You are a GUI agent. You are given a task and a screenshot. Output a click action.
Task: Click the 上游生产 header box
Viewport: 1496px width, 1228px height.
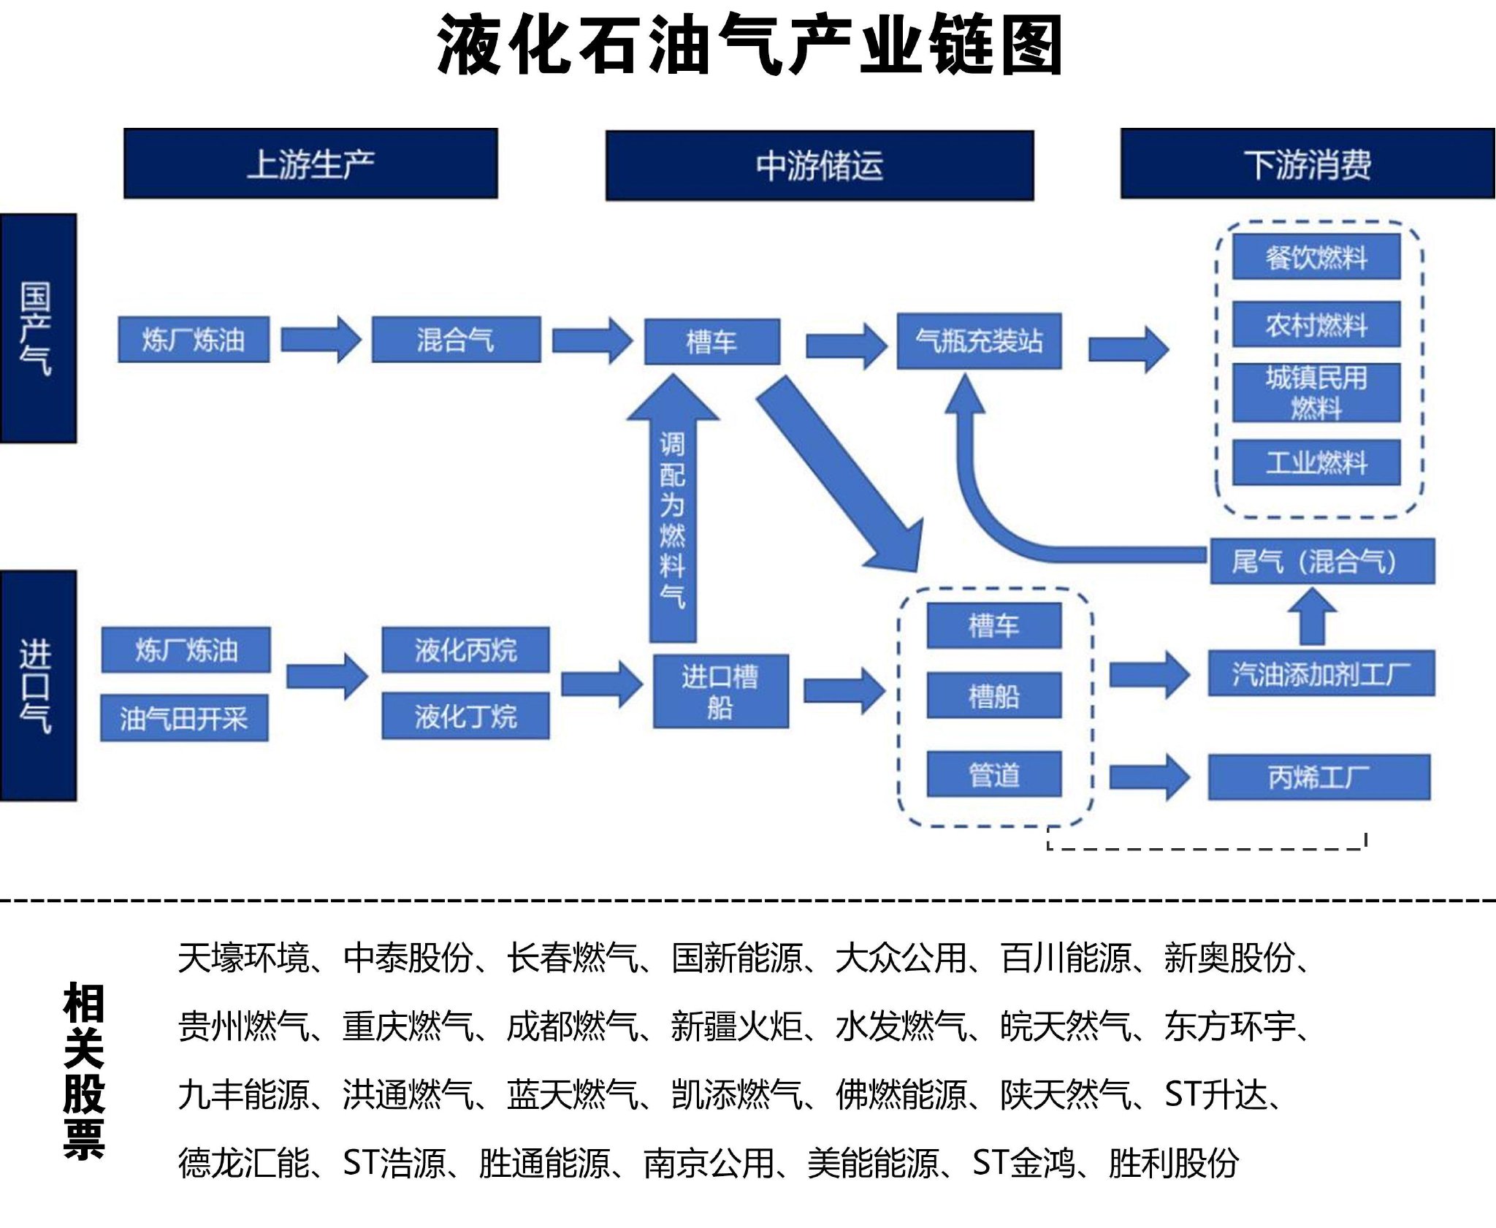tap(310, 164)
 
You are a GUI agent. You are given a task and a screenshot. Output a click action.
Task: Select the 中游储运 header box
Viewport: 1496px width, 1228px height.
tap(820, 165)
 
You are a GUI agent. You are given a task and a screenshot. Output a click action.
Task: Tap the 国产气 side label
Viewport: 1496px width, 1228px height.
tap(38, 328)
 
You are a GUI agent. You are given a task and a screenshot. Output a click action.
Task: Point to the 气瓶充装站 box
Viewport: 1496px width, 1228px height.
tap(979, 341)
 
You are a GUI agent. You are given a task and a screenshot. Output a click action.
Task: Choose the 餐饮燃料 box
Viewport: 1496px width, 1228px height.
tap(1316, 257)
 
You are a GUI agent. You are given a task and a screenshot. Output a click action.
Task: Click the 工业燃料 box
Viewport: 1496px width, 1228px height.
tap(1316, 462)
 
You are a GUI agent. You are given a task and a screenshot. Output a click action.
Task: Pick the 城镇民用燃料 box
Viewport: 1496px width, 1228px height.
tap(1316, 392)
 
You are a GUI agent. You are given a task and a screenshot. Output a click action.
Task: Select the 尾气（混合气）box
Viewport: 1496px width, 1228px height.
tap(1322, 561)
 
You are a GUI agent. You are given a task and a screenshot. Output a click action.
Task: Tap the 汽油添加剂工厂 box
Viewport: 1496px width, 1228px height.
tap(1321, 673)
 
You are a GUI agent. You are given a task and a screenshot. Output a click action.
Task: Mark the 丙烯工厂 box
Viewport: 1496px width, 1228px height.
tap(1318, 777)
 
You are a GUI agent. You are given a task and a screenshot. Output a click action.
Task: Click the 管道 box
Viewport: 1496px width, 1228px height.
tap(993, 774)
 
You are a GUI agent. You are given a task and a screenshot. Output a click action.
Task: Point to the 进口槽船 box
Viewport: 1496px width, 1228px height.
tap(720, 691)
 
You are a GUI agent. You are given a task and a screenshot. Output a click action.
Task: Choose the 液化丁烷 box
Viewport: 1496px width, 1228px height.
tap(465, 716)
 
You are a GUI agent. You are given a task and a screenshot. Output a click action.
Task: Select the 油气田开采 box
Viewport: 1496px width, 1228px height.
tap(184, 719)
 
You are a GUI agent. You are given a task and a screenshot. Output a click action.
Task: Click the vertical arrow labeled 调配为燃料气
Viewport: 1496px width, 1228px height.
tap(673, 511)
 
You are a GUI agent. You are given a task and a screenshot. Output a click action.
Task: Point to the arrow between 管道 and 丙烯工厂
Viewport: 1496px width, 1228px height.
tap(1148, 777)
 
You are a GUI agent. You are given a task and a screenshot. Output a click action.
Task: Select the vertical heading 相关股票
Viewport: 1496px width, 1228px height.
tap(84, 1070)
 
